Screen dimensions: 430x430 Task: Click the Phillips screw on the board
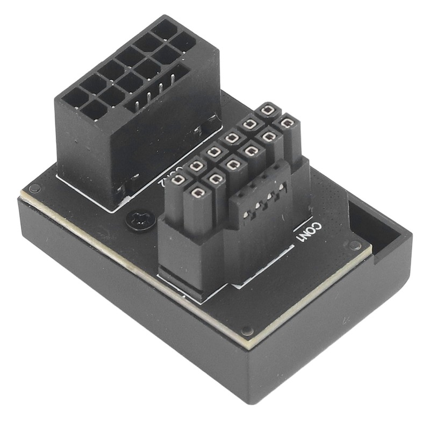[140, 219]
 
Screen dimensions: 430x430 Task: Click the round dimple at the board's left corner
[35, 189]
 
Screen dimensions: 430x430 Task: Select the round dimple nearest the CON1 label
[354, 245]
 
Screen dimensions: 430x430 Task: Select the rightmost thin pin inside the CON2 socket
[173, 81]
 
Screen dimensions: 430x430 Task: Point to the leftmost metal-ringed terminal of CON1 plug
[178, 179]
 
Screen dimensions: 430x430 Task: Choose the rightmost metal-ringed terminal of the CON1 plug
[288, 123]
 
